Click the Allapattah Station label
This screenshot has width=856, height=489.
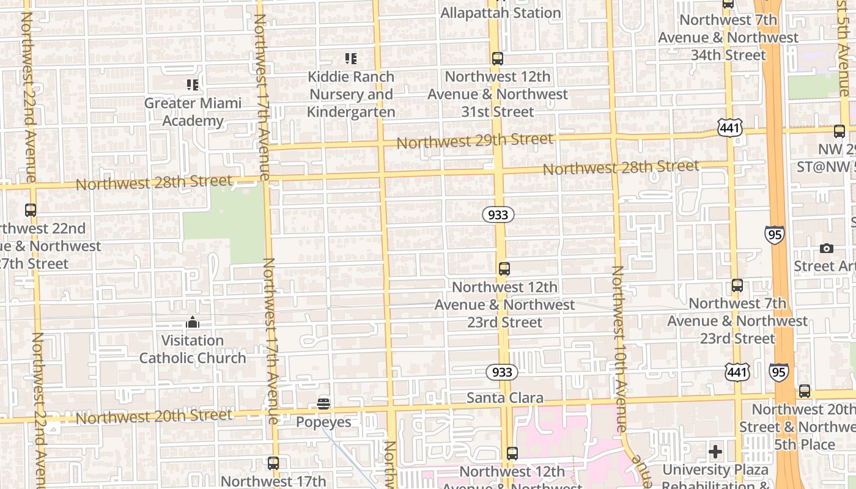point(500,13)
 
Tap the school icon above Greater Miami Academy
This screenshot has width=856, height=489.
point(193,85)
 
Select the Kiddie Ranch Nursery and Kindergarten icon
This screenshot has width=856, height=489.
point(350,59)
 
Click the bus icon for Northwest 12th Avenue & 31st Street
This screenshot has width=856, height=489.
point(498,59)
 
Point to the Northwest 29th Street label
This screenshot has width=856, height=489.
point(475,141)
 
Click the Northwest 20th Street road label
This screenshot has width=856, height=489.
point(154,417)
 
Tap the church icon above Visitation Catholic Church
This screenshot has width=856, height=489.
point(193,322)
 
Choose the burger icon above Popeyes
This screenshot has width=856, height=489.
point(323,403)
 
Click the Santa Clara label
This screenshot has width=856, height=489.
point(505,398)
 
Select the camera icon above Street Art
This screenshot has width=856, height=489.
point(827,248)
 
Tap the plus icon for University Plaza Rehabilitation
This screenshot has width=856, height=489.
point(715,452)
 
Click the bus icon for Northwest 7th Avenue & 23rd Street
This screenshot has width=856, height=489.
point(737,285)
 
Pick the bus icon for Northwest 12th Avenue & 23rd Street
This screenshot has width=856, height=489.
point(504,268)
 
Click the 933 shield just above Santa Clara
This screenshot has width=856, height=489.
point(502,372)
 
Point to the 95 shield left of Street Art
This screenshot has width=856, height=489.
point(774,235)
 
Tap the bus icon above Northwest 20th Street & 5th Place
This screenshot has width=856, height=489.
point(805,391)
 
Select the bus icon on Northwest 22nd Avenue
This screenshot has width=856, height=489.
point(31,210)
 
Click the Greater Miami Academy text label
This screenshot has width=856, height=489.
point(193,112)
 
